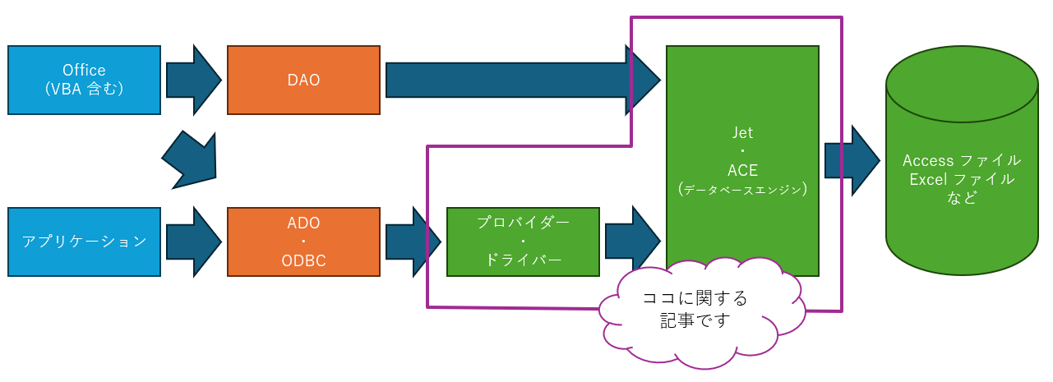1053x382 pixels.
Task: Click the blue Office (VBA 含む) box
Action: [84, 80]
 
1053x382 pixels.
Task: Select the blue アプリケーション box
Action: [84, 242]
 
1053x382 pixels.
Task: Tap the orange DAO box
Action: [303, 80]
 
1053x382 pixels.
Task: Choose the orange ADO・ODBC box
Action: [303, 242]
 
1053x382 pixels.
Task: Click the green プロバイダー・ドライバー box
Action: [523, 242]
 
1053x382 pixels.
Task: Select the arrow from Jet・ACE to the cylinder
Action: [852, 160]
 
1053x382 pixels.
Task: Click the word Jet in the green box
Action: [742, 131]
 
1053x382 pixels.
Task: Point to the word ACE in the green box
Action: [742, 170]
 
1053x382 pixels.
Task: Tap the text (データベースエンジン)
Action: [742, 190]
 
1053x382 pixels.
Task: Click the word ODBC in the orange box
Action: [303, 260]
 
